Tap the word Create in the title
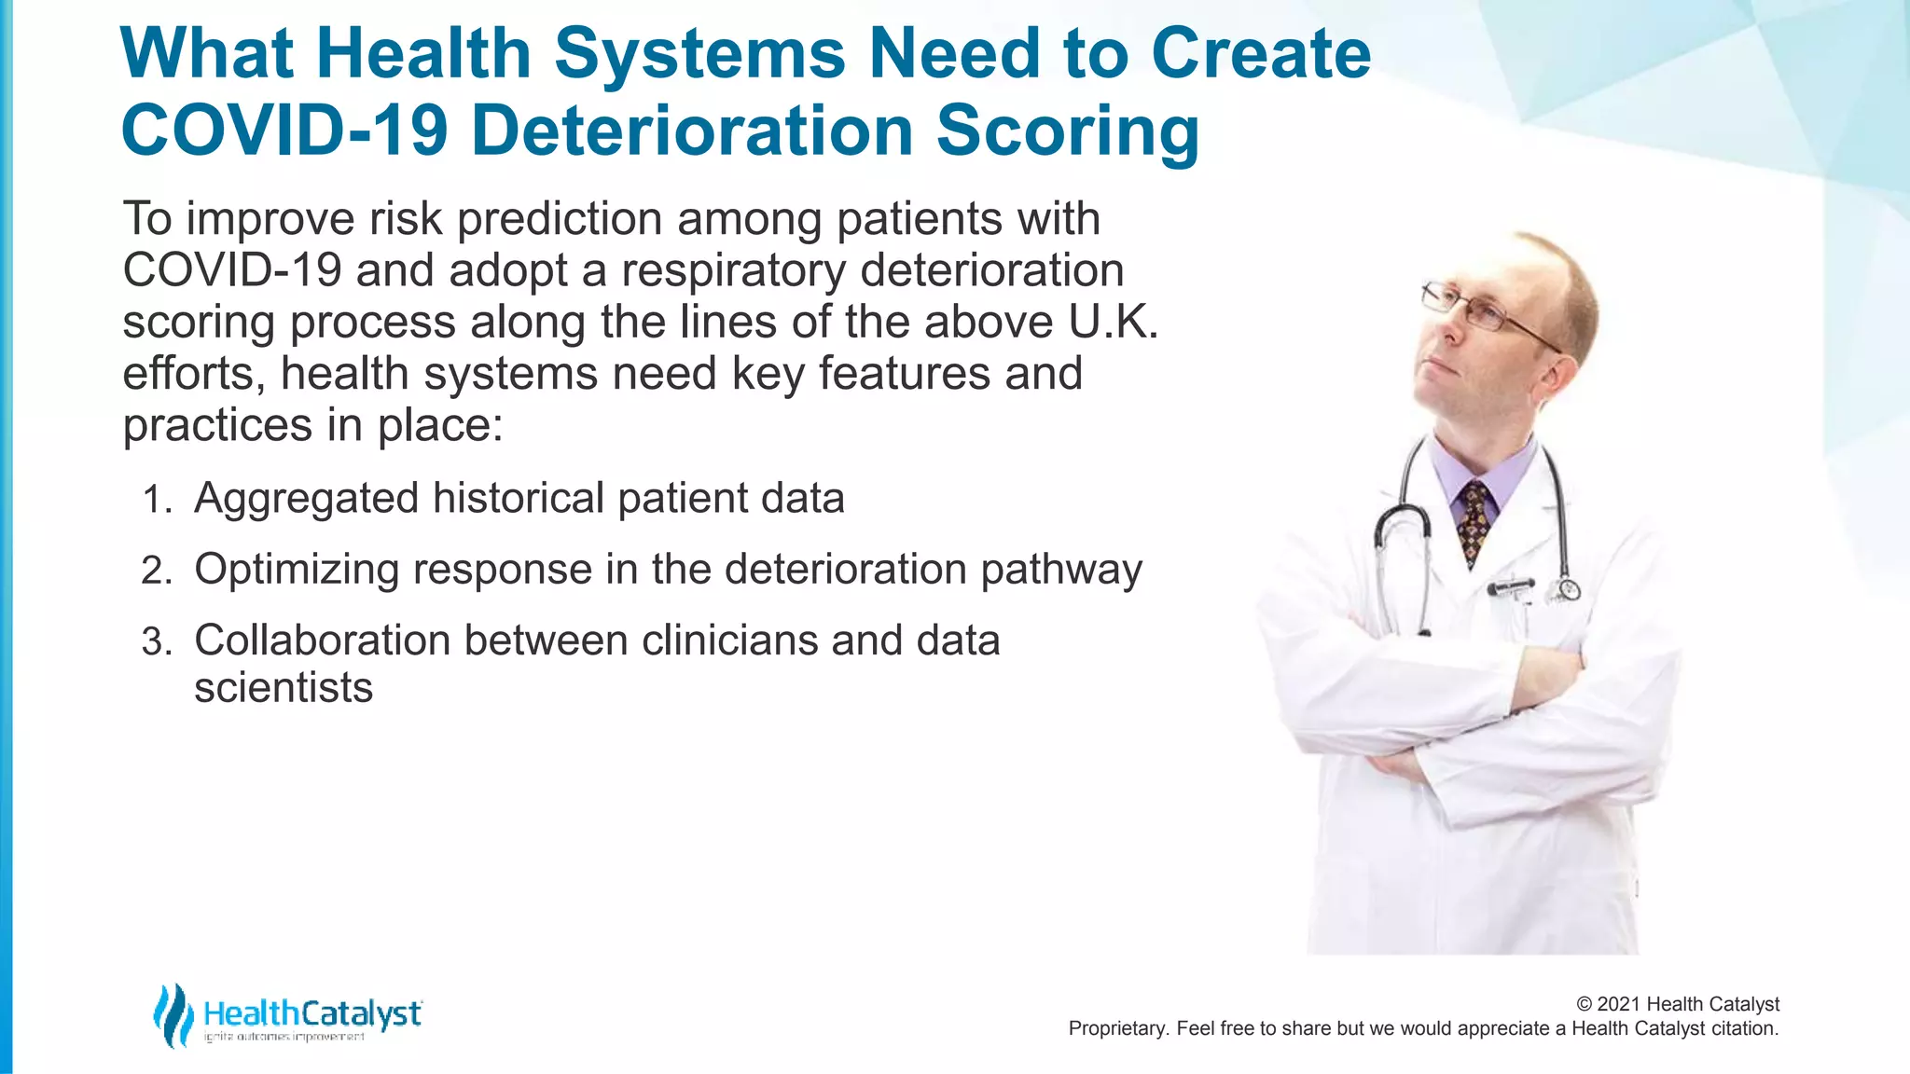coord(1261,53)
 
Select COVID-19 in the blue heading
coord(284,131)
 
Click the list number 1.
coord(157,501)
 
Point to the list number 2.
coord(156,571)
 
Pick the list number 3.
coord(156,643)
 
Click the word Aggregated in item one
coord(306,498)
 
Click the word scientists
coord(284,688)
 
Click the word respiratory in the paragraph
coord(734,271)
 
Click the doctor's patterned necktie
coord(1474,522)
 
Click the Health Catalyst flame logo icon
coord(173,1014)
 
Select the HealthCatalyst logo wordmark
coord(312,1013)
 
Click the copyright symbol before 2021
coord(1584,1004)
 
